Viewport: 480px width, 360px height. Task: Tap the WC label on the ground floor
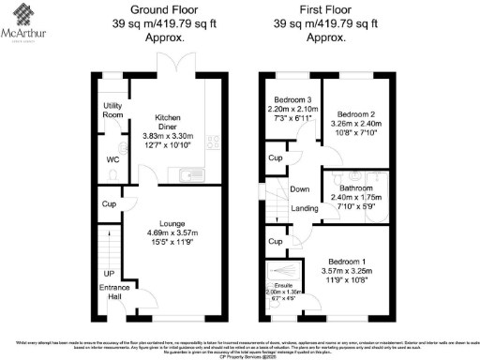click(113, 159)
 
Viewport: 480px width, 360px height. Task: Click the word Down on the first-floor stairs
click(300, 189)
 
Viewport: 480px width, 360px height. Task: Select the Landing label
click(304, 208)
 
